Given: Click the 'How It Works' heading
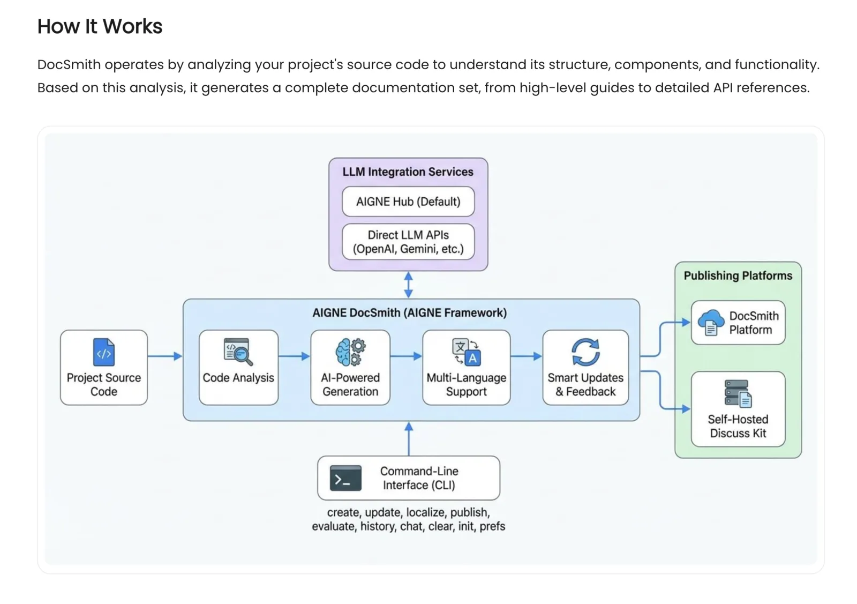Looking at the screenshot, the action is click(100, 27).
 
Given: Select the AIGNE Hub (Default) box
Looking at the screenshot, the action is click(408, 202).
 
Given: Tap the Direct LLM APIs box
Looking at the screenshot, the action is click(408, 242).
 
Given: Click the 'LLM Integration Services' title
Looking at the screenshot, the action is click(408, 172).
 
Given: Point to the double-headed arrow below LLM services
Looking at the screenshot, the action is click(409, 285).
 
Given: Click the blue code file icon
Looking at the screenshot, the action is click(104, 352).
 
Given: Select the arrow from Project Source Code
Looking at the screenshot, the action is click(165, 356).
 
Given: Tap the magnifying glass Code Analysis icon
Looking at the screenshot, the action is click(238, 352).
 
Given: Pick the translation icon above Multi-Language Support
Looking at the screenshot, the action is click(467, 352).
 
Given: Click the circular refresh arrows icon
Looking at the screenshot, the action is click(585, 352).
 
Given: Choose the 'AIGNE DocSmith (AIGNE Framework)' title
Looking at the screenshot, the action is click(410, 313).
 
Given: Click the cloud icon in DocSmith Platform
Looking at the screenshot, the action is click(711, 322).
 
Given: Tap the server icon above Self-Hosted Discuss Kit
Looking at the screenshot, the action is click(738, 393).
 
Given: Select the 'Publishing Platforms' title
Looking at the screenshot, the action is click(738, 275).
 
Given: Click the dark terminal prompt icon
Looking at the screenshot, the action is click(345, 478).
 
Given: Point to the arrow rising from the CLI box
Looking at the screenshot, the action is click(409, 439).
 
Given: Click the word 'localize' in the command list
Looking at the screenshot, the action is click(426, 512).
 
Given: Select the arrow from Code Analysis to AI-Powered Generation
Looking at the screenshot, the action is click(294, 356).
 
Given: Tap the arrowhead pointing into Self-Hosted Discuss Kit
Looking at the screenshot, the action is click(686, 409).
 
